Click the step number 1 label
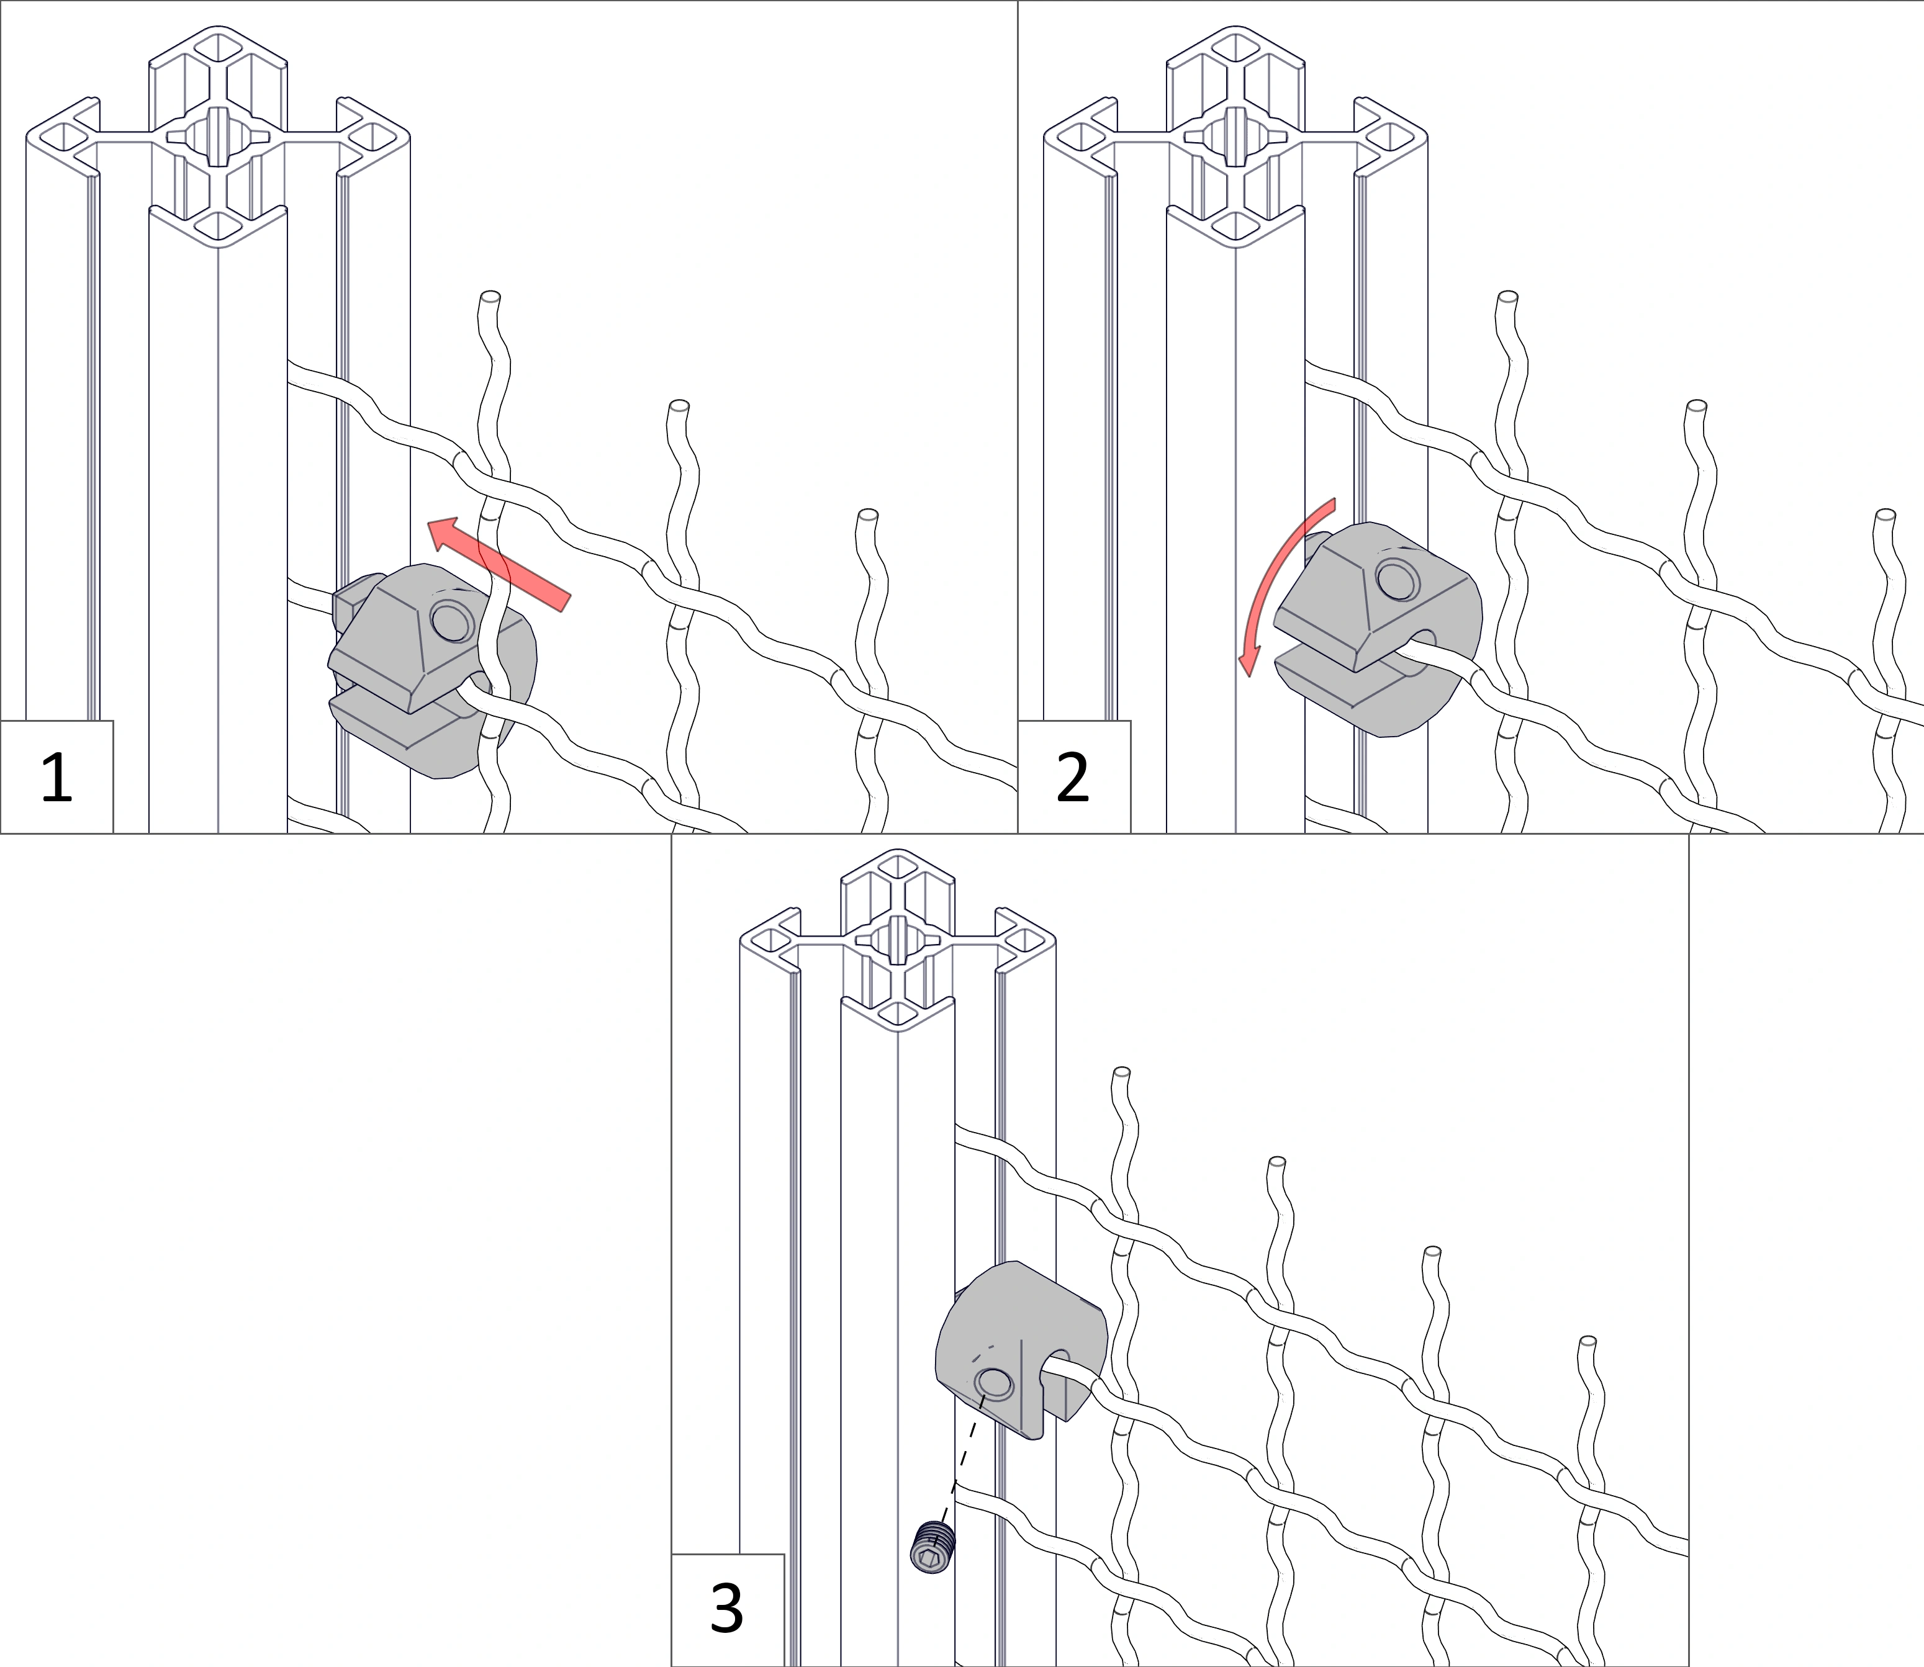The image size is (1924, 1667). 56,778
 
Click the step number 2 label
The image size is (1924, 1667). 1073,778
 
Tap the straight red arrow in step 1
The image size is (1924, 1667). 499,565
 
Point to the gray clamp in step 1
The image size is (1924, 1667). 433,670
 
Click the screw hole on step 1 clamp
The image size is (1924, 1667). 452,621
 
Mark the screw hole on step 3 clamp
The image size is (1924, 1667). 993,1383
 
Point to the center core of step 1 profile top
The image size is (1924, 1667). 218,137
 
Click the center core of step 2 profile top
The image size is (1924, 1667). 1235,137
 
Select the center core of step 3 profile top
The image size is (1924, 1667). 898,940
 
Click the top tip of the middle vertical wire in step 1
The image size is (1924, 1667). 679,406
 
